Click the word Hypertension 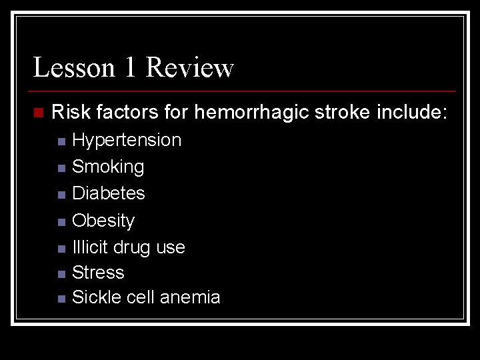tap(127, 140)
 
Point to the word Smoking tap(108, 167)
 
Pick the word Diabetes tap(109, 193)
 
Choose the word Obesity tap(103, 220)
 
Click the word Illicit tap(90, 247)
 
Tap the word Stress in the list tap(98, 273)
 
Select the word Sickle tap(93, 297)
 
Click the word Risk tap(71, 113)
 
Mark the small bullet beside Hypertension tap(61, 141)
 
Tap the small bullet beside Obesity tap(61, 221)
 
